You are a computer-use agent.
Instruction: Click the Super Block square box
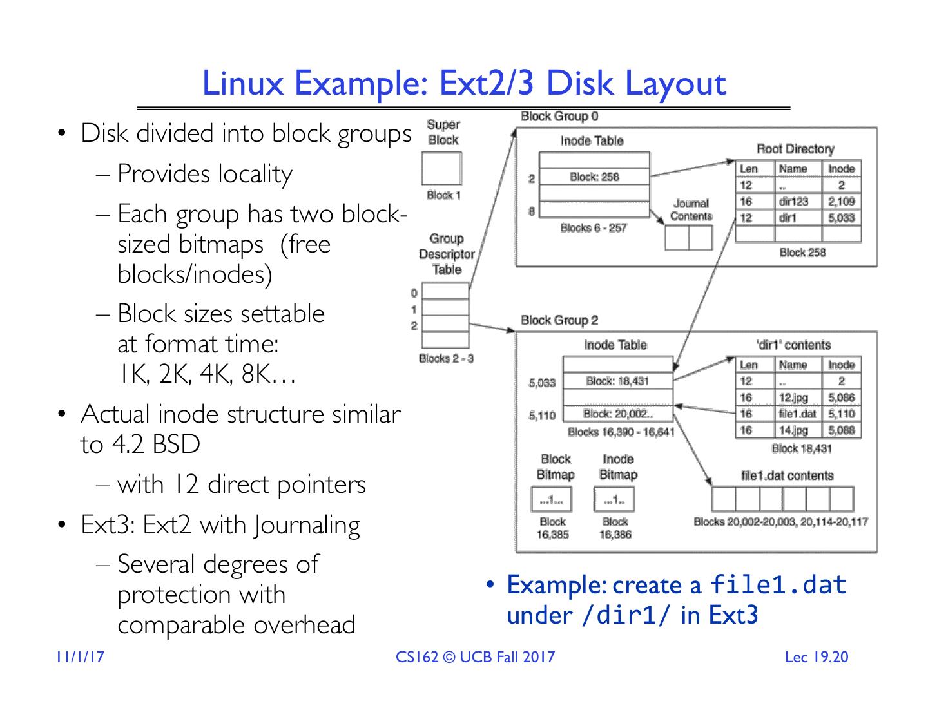(x=441, y=169)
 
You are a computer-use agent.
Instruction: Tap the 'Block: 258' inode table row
(x=594, y=177)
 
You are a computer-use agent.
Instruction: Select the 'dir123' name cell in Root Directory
(x=793, y=202)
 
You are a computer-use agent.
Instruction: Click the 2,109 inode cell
(x=841, y=202)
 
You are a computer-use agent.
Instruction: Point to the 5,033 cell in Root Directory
(x=841, y=218)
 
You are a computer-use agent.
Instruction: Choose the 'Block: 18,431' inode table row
(x=617, y=381)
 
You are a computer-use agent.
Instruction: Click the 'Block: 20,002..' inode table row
(x=617, y=414)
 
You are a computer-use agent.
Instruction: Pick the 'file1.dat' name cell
(x=797, y=414)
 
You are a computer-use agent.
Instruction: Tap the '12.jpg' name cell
(x=793, y=398)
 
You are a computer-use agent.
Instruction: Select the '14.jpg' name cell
(x=793, y=430)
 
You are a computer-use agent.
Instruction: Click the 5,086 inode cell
(x=841, y=398)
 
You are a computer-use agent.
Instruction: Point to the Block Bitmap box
(x=552, y=499)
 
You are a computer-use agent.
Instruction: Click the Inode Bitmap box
(x=615, y=499)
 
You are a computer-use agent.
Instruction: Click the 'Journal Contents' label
(x=691, y=210)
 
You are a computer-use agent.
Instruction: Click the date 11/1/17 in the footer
(x=80, y=658)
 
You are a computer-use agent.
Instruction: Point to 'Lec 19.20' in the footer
(x=817, y=658)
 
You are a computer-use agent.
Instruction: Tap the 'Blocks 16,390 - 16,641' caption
(x=621, y=432)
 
